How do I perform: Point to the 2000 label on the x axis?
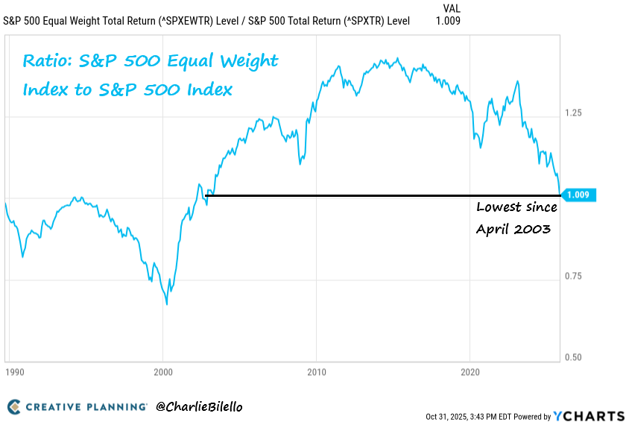(163, 371)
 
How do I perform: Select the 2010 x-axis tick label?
(317, 371)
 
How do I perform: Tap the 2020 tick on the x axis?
(470, 371)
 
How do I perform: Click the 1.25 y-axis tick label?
(574, 113)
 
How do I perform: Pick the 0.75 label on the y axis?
(574, 276)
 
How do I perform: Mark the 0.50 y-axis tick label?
(574, 357)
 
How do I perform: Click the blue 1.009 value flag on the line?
(578, 195)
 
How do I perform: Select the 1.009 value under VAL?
(447, 21)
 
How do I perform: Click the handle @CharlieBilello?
(199, 407)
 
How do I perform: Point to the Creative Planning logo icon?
(14, 407)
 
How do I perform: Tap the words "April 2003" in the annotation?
(513, 229)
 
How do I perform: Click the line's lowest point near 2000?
(167, 304)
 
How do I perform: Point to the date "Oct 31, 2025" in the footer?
(449, 416)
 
